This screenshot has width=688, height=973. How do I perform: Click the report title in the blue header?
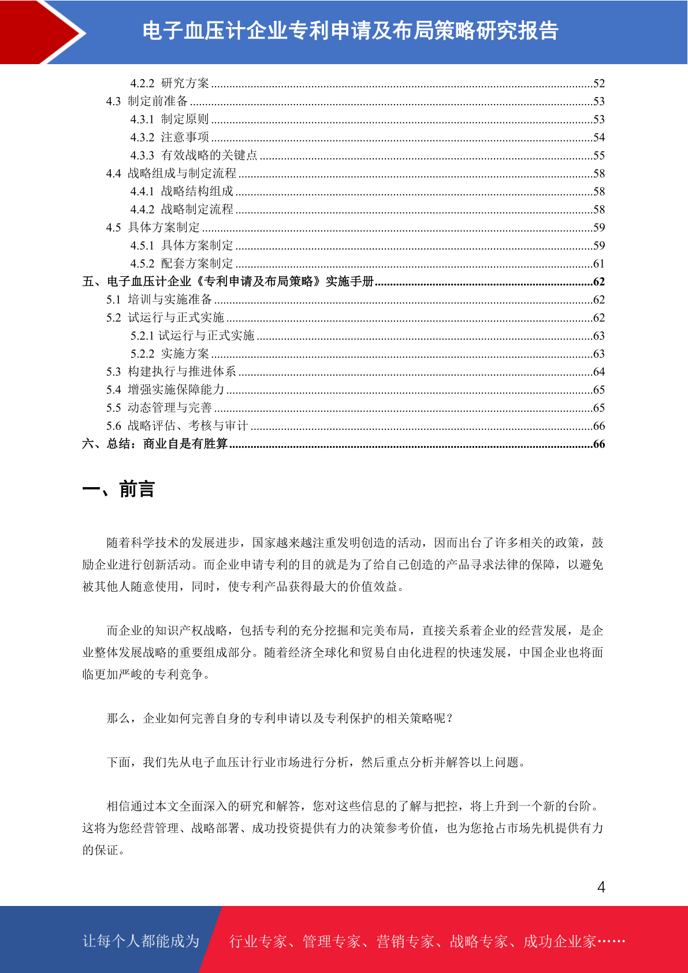point(350,31)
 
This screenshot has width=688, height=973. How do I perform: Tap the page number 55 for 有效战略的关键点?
point(599,155)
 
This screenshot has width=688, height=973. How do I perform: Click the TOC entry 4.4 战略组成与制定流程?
point(171,173)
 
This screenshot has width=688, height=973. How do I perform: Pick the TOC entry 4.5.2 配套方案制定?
point(181,263)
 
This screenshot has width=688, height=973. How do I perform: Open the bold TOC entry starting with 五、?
point(228,281)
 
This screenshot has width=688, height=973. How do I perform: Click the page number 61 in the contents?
point(599,264)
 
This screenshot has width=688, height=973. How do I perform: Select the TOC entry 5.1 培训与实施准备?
point(159,299)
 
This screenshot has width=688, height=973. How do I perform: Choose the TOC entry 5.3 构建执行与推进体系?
point(171,372)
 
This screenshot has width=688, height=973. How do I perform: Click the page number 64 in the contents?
point(599,372)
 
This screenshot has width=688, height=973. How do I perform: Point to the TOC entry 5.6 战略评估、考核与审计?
point(177,426)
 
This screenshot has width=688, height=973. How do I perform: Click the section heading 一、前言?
point(118,489)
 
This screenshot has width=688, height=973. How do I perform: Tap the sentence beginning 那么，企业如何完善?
point(280,718)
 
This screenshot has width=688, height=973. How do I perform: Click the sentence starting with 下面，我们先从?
point(317,762)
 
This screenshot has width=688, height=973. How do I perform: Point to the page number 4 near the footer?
point(601,887)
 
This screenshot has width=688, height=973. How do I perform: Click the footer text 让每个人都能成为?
point(141,941)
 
